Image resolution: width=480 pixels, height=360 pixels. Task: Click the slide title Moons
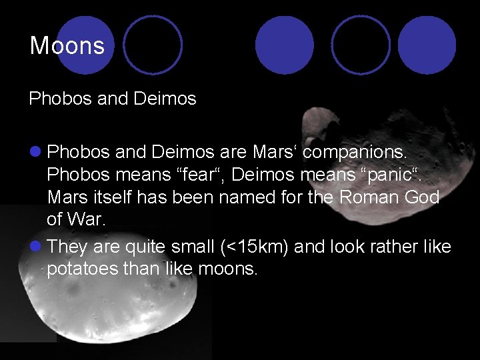click(67, 46)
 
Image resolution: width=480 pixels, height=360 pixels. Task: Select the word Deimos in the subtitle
click(165, 99)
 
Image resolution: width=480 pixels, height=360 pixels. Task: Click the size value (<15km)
click(254, 247)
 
